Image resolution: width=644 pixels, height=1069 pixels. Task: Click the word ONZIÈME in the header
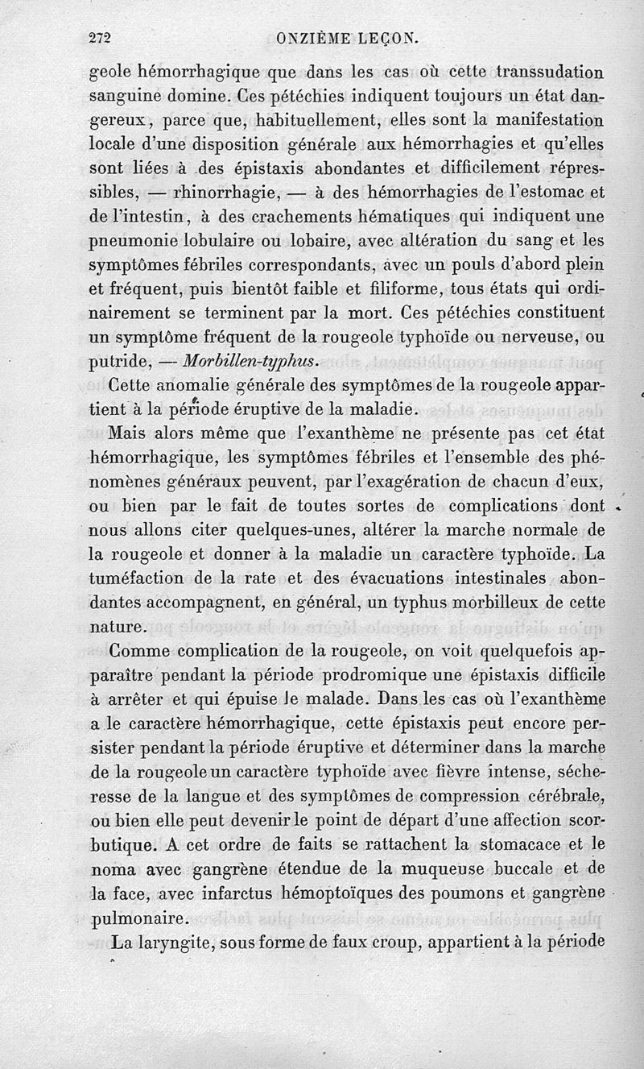[x=312, y=37]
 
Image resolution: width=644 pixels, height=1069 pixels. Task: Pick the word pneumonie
[x=137, y=241]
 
